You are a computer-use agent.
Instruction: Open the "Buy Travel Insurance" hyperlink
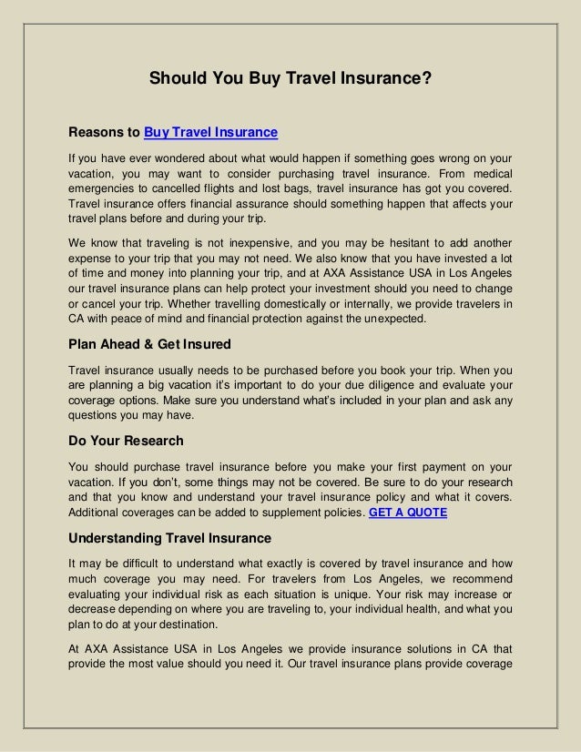pos(210,134)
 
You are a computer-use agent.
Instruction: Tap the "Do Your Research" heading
pos(127,441)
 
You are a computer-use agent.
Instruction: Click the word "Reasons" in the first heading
pos(104,134)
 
